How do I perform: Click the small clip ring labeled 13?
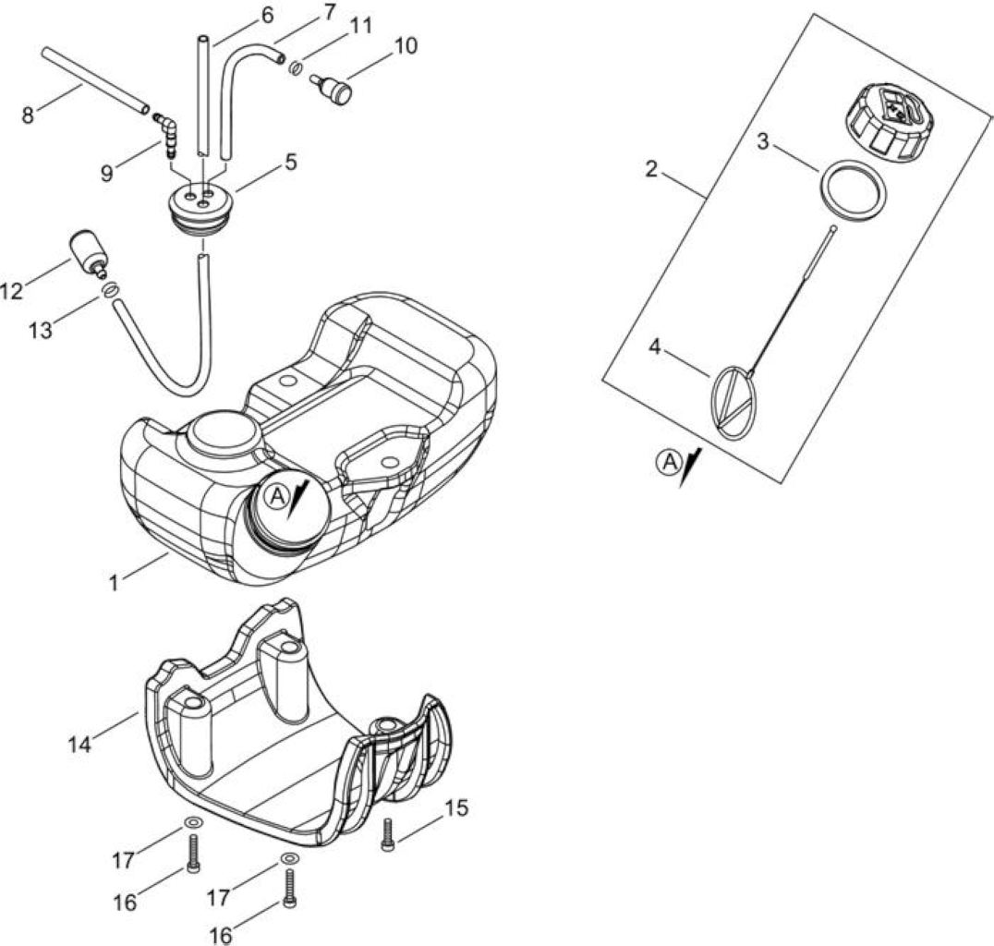(x=108, y=288)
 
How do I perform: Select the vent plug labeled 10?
(x=333, y=89)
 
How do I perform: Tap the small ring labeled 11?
(x=295, y=67)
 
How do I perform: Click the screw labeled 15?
(x=387, y=833)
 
